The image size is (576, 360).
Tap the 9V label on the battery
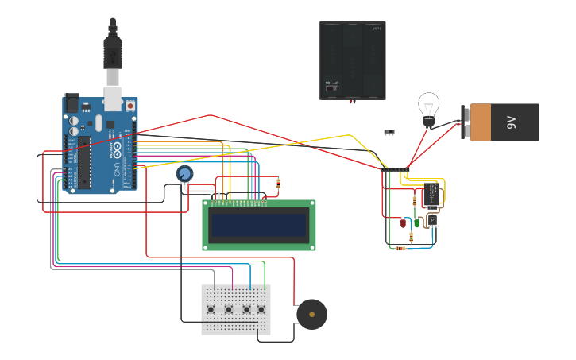tap(512, 122)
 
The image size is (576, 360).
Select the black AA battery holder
tap(353, 60)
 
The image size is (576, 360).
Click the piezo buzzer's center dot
tap(311, 315)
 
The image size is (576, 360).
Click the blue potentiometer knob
tap(184, 173)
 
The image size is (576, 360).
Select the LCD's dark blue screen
tap(258, 226)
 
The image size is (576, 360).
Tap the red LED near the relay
tap(403, 223)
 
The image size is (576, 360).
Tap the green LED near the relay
tap(416, 223)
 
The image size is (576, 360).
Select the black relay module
tap(432, 195)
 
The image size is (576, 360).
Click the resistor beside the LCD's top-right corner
tap(278, 184)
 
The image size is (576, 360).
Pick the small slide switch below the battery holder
tap(389, 131)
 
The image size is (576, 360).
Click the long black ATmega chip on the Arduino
tap(83, 162)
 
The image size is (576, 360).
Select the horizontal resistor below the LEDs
tap(400, 248)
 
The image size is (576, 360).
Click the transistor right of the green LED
tap(432, 220)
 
